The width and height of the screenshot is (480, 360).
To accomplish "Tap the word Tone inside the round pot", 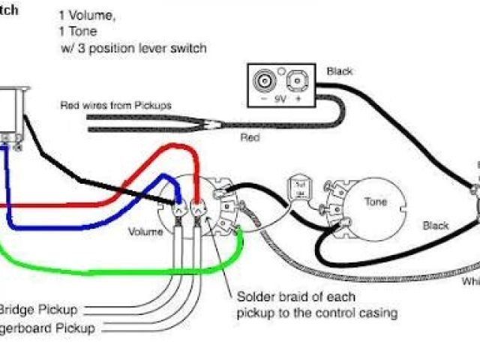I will coord(376,202).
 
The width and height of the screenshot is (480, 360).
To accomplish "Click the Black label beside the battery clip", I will coord(340,71).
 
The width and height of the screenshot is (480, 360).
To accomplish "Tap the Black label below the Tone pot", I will coord(435,225).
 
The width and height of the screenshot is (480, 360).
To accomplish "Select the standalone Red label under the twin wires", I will coord(250,139).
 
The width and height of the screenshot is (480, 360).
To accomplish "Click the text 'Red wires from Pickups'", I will coord(115,105).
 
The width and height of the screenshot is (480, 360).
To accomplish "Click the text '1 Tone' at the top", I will coord(75,31).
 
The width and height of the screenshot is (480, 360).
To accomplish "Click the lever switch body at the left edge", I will coord(13,112).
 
